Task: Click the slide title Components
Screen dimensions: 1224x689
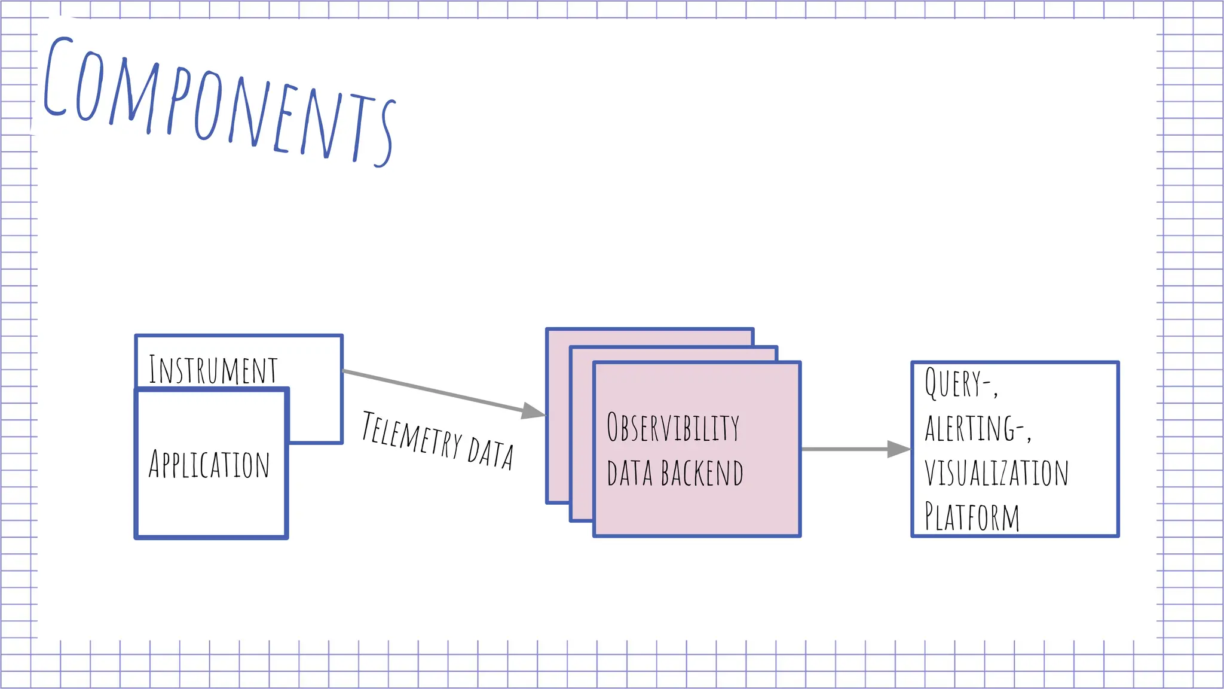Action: [218, 102]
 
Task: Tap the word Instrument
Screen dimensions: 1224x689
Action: [213, 370]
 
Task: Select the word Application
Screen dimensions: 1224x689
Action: [209, 465]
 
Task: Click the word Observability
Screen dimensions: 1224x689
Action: [673, 428]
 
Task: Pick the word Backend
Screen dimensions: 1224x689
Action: [702, 474]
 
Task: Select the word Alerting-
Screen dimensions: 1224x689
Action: [974, 428]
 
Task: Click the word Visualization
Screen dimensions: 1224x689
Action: [996, 473]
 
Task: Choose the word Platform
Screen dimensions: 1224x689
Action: [972, 517]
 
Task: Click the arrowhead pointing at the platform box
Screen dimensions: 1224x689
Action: [898, 449]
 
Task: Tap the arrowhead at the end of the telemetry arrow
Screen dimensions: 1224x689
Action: [533, 411]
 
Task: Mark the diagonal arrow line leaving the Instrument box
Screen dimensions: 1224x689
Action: [430, 390]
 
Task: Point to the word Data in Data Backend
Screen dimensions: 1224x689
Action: [629, 474]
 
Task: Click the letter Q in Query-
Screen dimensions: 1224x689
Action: [932, 383]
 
